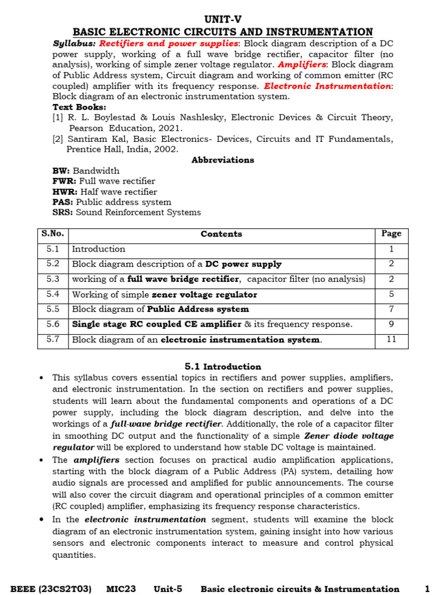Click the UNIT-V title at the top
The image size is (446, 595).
222,19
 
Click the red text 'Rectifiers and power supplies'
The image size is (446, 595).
168,44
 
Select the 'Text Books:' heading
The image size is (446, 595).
79,107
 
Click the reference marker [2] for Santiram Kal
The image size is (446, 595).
58,139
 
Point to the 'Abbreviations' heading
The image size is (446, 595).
222,160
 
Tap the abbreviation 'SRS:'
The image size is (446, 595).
63,213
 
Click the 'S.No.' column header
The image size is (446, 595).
53,234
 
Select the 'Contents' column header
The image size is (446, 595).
221,234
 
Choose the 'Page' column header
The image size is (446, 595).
391,234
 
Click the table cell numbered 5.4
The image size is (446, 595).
53,295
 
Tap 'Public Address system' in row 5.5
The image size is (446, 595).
198,310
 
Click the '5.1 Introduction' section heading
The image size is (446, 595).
222,367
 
